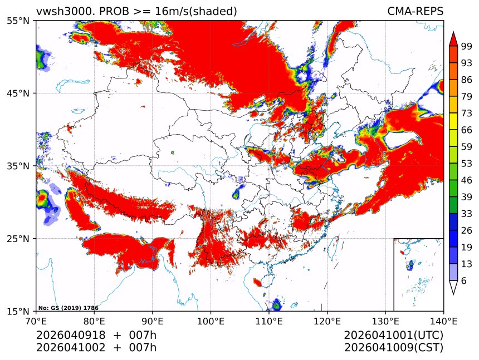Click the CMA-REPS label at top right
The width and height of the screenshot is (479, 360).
(415, 11)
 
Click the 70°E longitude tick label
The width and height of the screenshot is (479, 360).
(36, 320)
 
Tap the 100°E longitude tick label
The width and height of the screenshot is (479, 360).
(211, 320)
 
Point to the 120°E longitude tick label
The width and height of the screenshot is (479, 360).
(327, 320)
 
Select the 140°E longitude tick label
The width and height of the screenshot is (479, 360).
(443, 320)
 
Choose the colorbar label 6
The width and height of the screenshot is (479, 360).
(465, 281)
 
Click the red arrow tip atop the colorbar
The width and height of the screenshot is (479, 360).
(453, 38)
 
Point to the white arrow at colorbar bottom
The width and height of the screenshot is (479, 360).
(453, 287)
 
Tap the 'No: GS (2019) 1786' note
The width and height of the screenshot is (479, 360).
(68, 308)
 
